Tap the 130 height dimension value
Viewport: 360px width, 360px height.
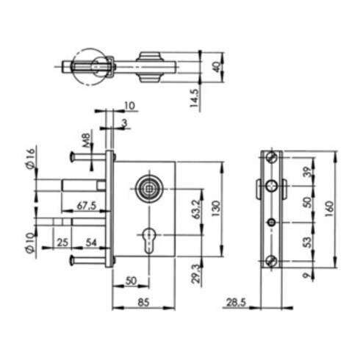tap(216, 209)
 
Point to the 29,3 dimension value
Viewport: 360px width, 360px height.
tap(196, 273)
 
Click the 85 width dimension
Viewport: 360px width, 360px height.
tap(143, 303)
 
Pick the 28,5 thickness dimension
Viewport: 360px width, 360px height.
tap(236, 302)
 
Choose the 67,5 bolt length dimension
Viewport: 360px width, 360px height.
tap(87, 206)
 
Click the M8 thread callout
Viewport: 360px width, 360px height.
tap(86, 140)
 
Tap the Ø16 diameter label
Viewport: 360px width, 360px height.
tap(31, 159)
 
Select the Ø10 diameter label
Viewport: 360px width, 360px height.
tap(29, 243)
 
